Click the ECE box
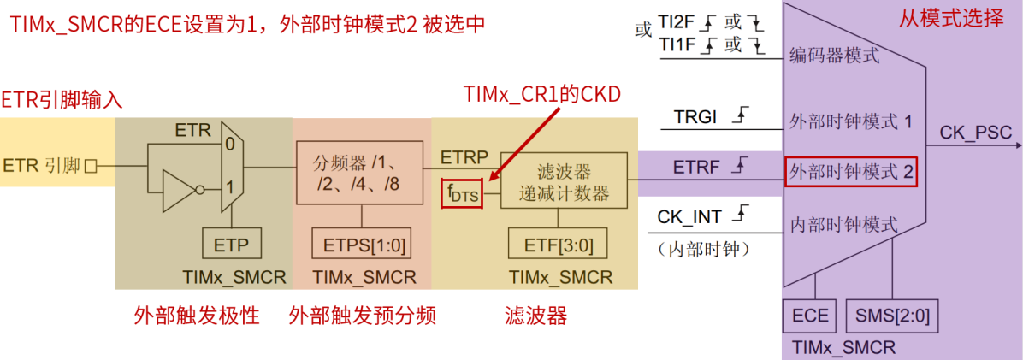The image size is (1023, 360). [810, 316]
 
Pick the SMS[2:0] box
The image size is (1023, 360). [891, 316]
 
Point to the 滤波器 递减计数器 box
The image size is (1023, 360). [564, 181]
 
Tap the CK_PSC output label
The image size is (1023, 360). [975, 133]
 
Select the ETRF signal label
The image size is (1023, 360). [695, 166]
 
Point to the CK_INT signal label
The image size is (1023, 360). [689, 217]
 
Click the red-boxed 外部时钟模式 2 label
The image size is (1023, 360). [851, 173]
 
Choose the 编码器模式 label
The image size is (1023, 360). [834, 56]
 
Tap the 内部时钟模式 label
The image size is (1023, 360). [843, 225]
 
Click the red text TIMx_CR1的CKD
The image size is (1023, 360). [541, 93]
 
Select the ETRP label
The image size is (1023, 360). [464, 157]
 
